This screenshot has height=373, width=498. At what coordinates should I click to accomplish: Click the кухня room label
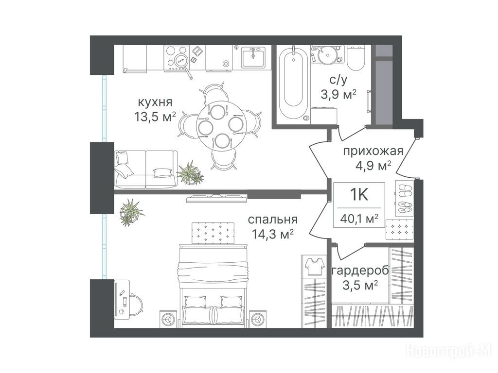pos(155,102)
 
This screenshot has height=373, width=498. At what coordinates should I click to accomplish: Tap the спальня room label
pos(272,220)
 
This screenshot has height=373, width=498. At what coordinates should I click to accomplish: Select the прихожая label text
pos(373,151)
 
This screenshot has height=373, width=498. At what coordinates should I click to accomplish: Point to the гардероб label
pos(360,271)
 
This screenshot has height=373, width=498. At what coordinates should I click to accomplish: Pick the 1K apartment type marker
pos(359,194)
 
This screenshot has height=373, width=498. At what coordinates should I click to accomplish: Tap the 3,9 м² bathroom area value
pos(338,94)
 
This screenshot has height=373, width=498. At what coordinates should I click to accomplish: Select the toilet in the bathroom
pos(356,58)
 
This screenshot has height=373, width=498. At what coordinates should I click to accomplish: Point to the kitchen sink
pos(253,57)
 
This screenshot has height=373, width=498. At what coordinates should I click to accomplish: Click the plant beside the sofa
pos(190,173)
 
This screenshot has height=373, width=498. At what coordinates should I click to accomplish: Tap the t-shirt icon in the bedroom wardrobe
pos(313,266)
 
